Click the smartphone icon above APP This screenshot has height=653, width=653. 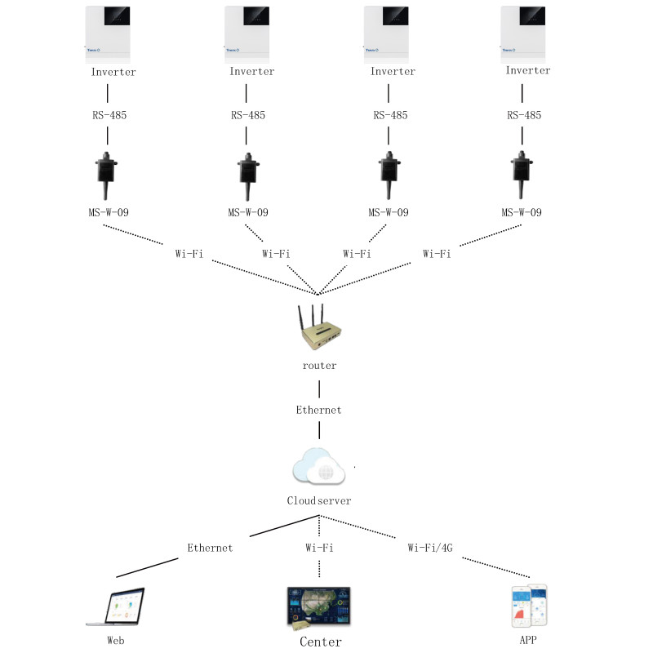click(528, 606)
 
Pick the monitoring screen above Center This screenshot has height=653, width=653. click(319, 607)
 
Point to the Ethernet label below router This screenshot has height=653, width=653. click(318, 410)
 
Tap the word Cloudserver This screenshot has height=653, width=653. click(318, 500)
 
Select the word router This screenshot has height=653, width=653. click(318, 366)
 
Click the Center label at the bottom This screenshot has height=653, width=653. click(320, 642)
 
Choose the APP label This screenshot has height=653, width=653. click(528, 640)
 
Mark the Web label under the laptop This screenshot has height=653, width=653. click(116, 640)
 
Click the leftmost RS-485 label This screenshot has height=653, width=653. click(109, 115)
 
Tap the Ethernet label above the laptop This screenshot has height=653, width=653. click(210, 548)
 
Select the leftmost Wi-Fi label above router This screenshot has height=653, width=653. click(189, 254)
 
